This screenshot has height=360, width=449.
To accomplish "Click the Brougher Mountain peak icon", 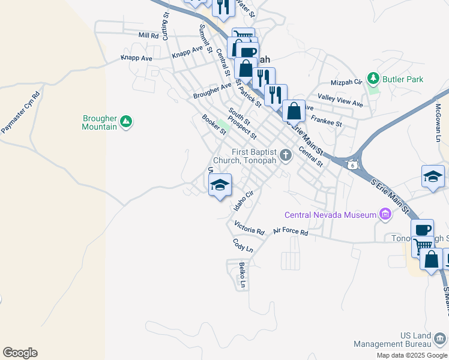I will [125, 122].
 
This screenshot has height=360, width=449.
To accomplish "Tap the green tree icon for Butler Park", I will [373, 79].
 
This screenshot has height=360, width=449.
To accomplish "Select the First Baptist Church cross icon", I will [286, 155].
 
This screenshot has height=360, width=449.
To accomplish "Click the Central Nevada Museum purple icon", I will [385, 214].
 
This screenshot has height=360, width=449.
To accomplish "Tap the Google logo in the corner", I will [20, 353].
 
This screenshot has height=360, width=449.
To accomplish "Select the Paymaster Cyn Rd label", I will [20, 112].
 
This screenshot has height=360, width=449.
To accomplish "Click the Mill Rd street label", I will [148, 35].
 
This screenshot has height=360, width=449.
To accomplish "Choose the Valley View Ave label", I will [340, 100].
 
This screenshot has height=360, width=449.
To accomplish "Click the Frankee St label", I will [326, 120].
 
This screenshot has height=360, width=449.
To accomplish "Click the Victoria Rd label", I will [249, 228].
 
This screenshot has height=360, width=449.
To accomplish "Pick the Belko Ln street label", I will [243, 274].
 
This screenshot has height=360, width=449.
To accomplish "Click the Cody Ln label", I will [243, 245].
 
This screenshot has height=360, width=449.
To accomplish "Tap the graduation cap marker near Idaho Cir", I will [220, 185].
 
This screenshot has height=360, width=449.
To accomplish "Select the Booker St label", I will [214, 124].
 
